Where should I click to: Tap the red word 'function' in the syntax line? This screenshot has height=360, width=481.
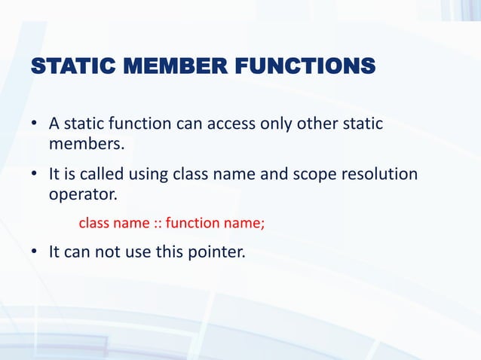pyautogui.click(x=189, y=223)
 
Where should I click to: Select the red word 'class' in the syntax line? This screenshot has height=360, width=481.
pyautogui.click(x=93, y=223)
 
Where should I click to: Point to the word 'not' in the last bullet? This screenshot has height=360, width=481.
pyautogui.click(x=102, y=252)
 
